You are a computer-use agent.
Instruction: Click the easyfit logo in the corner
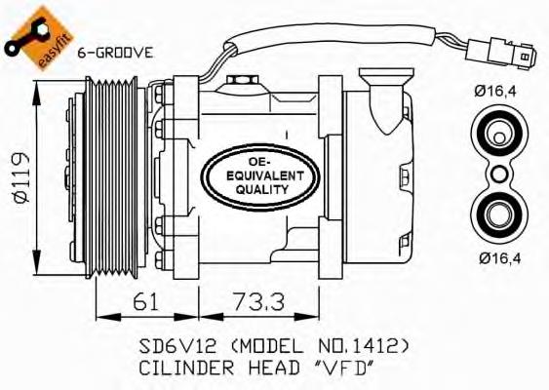coord(37,37)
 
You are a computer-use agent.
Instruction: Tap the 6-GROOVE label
coord(115,53)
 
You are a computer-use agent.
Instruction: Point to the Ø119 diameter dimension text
coord(20,177)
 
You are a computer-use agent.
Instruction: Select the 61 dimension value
coord(145,302)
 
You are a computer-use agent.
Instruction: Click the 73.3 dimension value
coord(259,302)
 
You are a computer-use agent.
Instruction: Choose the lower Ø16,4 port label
coord(500,258)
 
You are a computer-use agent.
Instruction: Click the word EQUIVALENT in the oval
coord(265,175)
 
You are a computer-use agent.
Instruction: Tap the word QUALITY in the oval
coord(262,189)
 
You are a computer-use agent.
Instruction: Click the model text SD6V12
coord(177,346)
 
